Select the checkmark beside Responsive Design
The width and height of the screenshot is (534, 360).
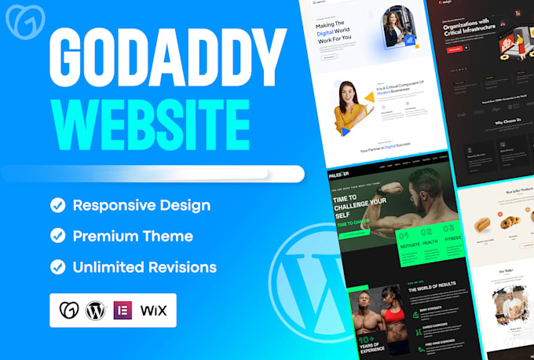pyautogui.click(x=57, y=206)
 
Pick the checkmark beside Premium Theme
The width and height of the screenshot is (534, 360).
pyautogui.click(x=57, y=236)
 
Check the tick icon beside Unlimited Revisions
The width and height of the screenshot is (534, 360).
pyautogui.click(x=57, y=266)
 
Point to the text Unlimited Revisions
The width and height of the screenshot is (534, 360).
pyautogui.click(x=144, y=266)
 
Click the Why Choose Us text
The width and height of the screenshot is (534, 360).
pyautogui.click(x=486, y=122)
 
